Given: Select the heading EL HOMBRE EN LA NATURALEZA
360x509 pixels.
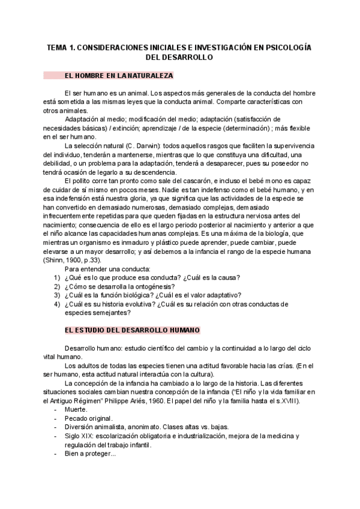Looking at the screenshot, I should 118,76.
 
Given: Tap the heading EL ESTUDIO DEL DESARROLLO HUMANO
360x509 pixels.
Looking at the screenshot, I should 132,331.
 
